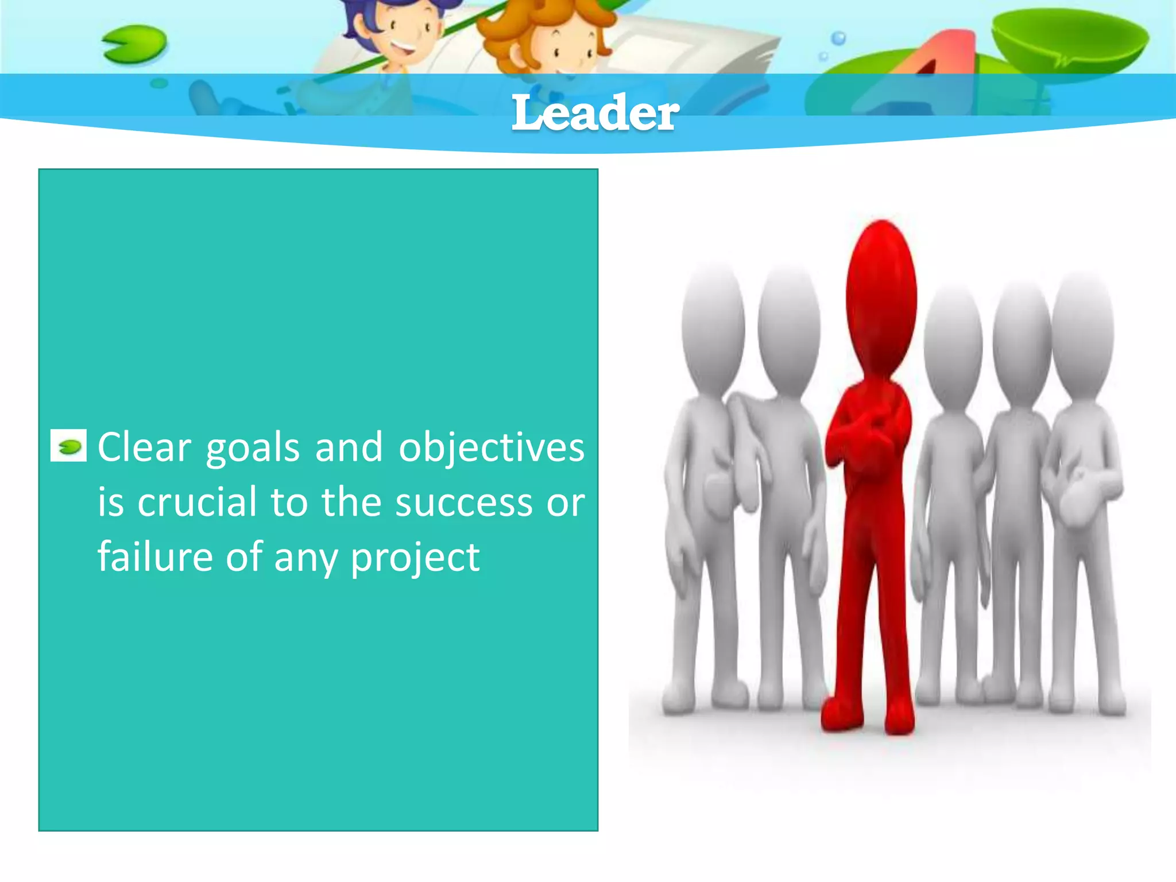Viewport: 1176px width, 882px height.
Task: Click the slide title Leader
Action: tap(595, 113)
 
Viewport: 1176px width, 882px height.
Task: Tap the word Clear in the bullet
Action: tap(144, 447)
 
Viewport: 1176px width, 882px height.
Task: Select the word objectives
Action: tap(492, 448)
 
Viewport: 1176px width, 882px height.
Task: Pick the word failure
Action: tap(155, 556)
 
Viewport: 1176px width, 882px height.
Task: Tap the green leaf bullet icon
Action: tap(69, 446)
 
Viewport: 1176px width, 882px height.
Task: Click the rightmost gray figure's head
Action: tap(1082, 333)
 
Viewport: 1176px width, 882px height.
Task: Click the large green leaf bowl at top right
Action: tap(1071, 43)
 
